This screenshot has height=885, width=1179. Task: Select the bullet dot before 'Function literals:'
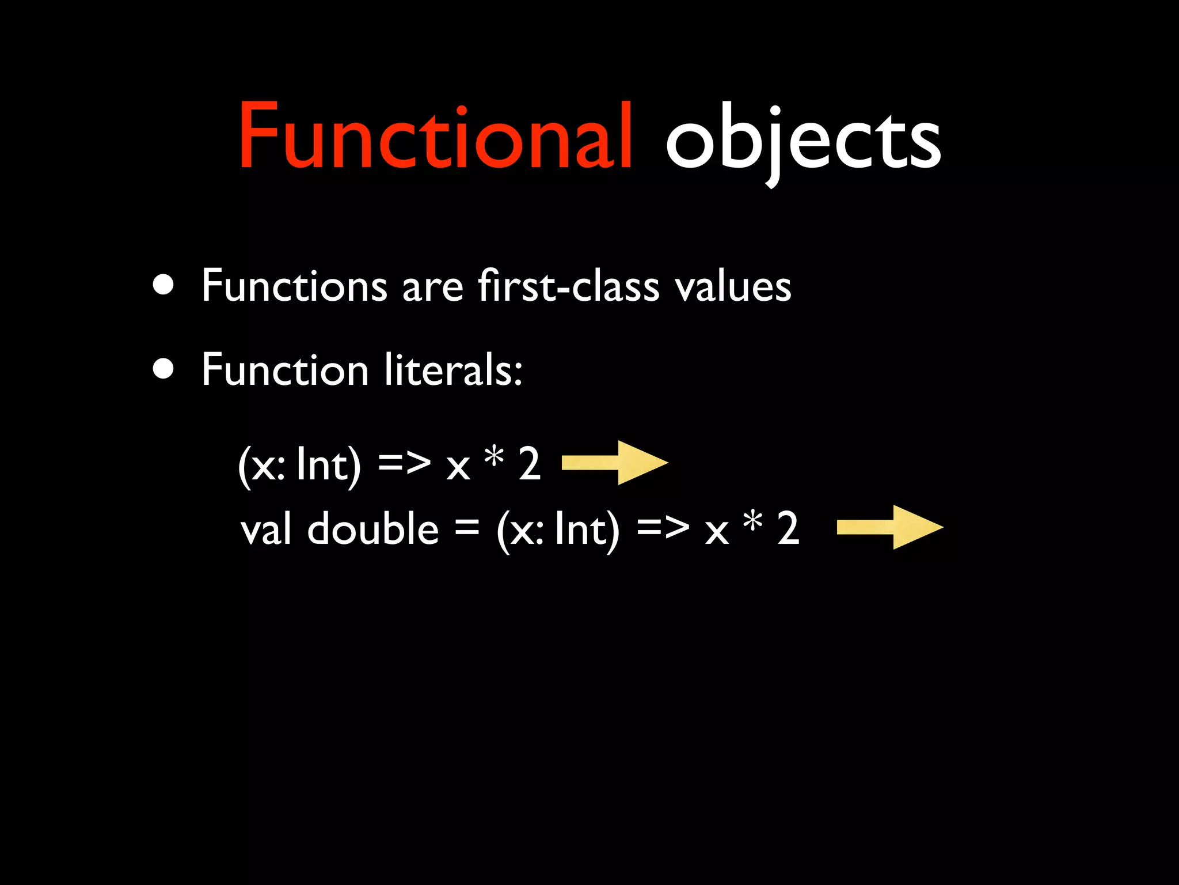click(164, 369)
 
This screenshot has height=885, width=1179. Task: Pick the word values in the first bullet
click(733, 286)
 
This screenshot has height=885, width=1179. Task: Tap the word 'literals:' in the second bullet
click(453, 370)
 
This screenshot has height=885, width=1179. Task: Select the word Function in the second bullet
click(284, 370)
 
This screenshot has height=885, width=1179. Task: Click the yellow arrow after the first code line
click(614, 463)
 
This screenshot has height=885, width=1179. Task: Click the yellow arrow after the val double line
click(889, 527)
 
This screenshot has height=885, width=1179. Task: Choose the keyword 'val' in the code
click(265, 529)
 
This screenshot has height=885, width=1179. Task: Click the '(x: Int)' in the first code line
click(299, 464)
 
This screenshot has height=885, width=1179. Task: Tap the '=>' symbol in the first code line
click(404, 463)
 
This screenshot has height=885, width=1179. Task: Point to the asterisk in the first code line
click(494, 459)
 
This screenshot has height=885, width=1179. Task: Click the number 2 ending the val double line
click(788, 528)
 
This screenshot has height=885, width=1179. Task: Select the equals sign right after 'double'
click(466, 528)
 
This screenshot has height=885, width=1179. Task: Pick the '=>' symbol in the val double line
click(663, 528)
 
